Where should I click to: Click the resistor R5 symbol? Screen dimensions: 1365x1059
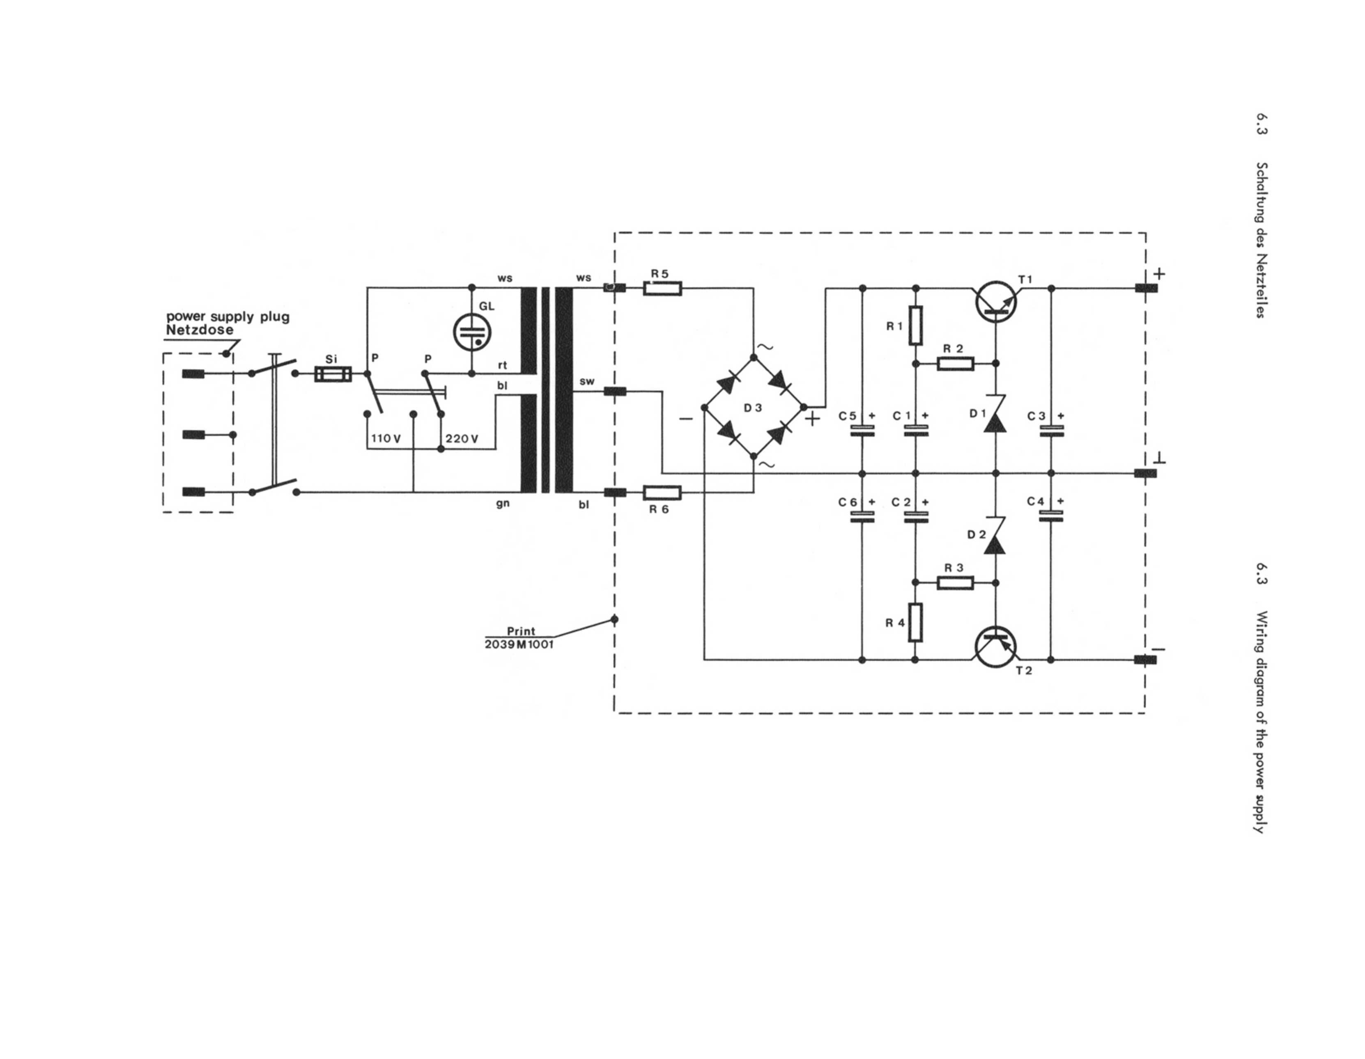point(662,288)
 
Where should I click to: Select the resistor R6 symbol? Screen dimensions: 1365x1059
point(662,493)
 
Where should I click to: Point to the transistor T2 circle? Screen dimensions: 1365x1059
point(996,646)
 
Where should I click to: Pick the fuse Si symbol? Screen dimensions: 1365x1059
point(333,374)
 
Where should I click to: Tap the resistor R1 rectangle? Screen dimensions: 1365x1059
point(916,325)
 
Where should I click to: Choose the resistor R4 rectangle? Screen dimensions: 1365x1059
point(916,622)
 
